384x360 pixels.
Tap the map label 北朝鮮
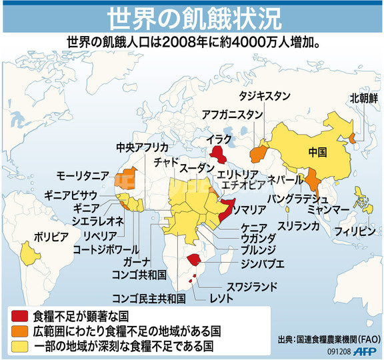[x=364, y=97]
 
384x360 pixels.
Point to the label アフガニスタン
[x=233, y=114]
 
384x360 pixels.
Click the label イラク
[x=219, y=139]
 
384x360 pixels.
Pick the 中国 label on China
[x=318, y=151]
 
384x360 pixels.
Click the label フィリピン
[x=353, y=233]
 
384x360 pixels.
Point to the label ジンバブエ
[x=262, y=264]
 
